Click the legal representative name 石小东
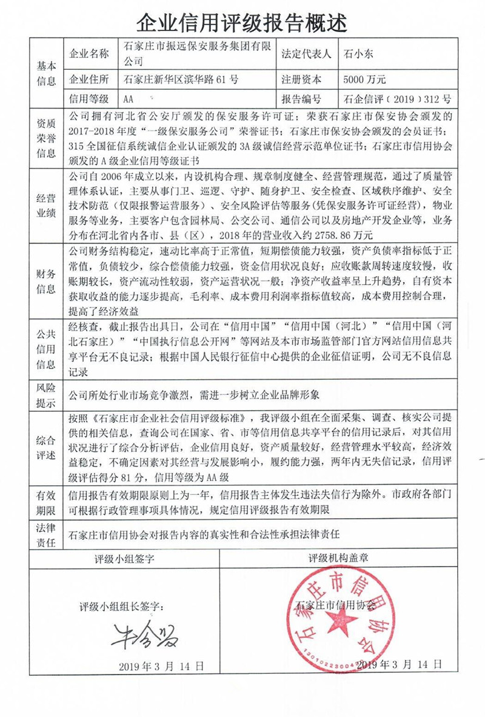pyautogui.click(x=360, y=53)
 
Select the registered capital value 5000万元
pyautogui.click(x=364, y=79)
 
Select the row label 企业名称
pyautogui.click(x=90, y=53)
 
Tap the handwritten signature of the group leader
pyautogui.click(x=140, y=635)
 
